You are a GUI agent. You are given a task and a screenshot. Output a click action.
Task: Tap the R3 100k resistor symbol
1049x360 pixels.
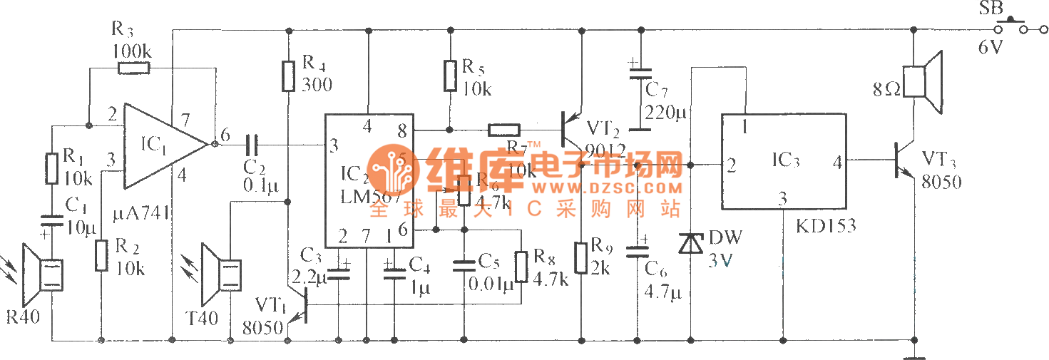[133, 68]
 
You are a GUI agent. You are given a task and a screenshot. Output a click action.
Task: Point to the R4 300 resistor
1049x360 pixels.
[288, 76]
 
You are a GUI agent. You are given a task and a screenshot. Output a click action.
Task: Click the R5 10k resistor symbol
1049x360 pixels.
[450, 76]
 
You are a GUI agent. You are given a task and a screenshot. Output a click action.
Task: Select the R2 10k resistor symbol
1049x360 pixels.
[101, 255]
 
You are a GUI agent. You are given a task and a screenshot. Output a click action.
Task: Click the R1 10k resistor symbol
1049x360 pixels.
[51, 168]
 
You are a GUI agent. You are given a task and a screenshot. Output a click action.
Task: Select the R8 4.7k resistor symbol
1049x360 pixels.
[521, 266]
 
